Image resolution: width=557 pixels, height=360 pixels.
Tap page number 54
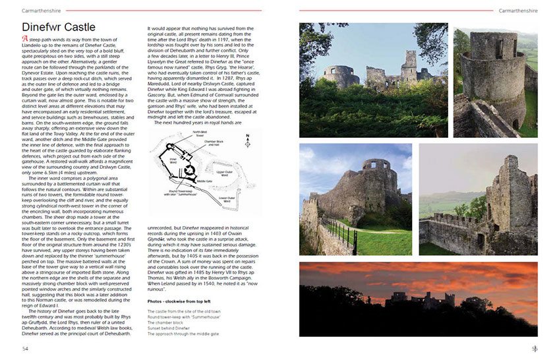[25, 348]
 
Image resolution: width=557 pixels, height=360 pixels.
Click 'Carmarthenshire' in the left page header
[39, 11]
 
